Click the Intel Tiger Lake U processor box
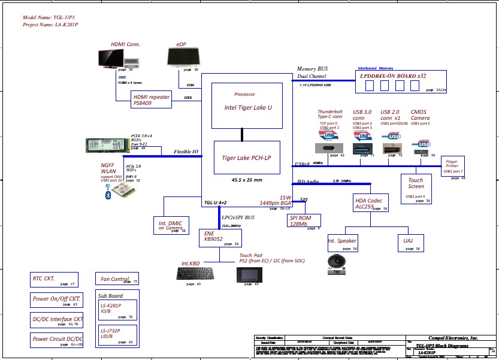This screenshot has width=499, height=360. [x=246, y=105]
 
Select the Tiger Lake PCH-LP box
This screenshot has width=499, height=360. [x=246, y=157]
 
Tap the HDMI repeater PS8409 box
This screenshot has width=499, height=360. [x=152, y=99]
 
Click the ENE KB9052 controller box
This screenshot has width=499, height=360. [x=220, y=238]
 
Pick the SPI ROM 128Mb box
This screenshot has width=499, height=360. [x=304, y=220]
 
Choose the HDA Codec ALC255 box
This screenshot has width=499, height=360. [x=371, y=203]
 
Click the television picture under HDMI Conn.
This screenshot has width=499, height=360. [x=111, y=58]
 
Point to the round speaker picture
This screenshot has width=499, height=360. [x=337, y=263]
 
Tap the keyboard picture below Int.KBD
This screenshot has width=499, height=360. [x=198, y=274]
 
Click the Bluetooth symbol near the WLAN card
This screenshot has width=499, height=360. [x=108, y=195]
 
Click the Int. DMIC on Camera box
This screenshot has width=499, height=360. [x=171, y=225]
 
